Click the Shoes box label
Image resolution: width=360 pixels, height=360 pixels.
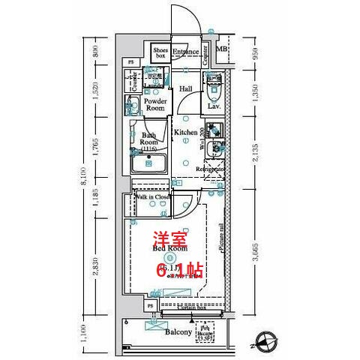pyautogui.click(x=160, y=52)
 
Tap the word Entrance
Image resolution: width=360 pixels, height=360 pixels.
pyautogui.click(x=185, y=52)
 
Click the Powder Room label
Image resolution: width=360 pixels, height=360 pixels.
pyautogui.click(x=155, y=104)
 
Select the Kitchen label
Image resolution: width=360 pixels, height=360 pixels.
pyautogui.click(x=185, y=132)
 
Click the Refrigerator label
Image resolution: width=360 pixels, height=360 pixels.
pyautogui.click(x=211, y=170)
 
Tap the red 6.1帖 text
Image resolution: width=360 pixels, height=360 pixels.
pyautogui.click(x=180, y=268)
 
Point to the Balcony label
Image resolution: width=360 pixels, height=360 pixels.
pyautogui.click(x=178, y=330)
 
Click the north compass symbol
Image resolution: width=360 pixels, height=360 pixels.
pyautogui.click(x=265, y=342)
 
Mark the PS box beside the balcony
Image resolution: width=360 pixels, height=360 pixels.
pyautogui.click(x=149, y=307)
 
